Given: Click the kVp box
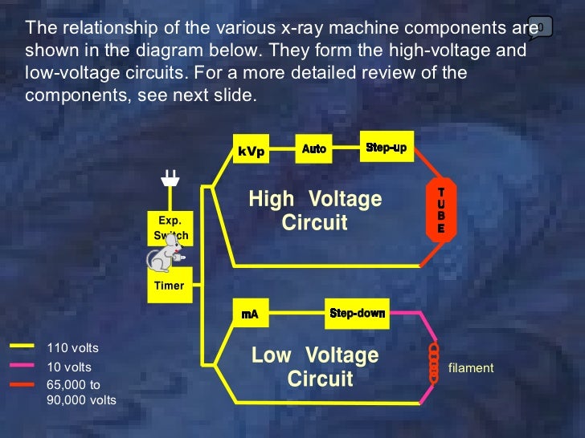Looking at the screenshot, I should tap(250, 152).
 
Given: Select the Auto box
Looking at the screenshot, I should tap(314, 148).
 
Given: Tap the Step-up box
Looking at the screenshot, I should tap(386, 148).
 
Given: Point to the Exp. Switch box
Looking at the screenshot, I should tap(170, 228).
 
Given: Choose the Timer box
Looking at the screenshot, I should tap(170, 286).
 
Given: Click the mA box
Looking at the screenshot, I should tap(250, 314).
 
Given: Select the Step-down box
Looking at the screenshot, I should tap(357, 313).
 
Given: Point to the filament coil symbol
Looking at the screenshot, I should tap(434, 364).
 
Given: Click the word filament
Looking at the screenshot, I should tap(471, 368).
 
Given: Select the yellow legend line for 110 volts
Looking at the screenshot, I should tap(23, 347).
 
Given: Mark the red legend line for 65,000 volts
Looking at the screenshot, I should tap(23, 383).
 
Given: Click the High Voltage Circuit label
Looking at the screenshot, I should tap(315, 210).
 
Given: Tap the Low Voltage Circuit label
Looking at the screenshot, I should tap(315, 367).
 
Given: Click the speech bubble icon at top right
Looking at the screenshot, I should tap(540, 27).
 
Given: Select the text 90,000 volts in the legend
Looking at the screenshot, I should tap(81, 399).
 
